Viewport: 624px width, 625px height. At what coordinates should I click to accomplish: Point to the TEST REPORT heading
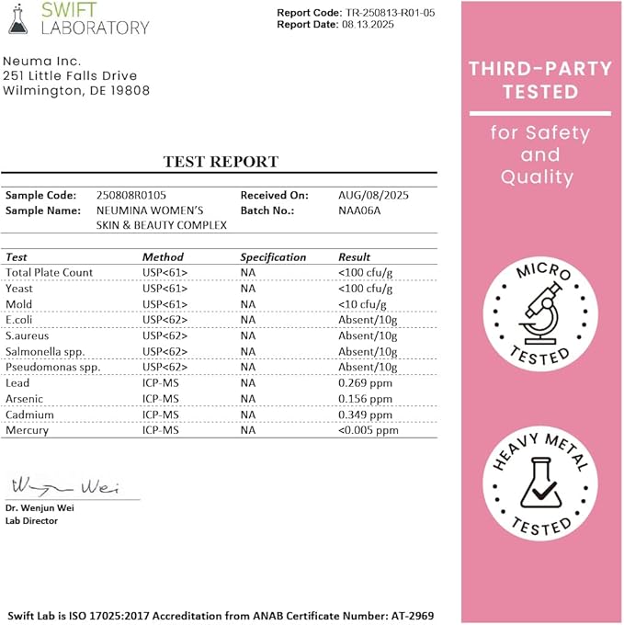click(221, 162)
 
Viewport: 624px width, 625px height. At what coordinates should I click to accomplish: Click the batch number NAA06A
click(361, 210)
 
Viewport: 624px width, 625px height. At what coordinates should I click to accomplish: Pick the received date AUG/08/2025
click(373, 195)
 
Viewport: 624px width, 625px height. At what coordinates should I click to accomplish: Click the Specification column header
click(273, 257)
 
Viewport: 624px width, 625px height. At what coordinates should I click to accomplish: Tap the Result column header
click(355, 257)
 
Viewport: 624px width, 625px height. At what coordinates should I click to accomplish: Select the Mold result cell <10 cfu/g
click(362, 304)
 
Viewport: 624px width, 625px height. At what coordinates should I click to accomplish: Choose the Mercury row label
click(27, 430)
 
